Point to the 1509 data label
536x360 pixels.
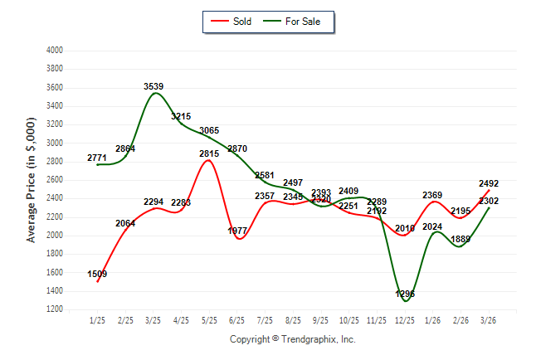click(97, 274)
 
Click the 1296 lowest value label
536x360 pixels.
click(405, 294)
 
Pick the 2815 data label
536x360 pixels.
click(209, 153)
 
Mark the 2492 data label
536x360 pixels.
click(488, 184)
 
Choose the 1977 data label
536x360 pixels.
click(238, 231)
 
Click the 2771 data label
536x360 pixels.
click(98, 158)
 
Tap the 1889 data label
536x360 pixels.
click(460, 240)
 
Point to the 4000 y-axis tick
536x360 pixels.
click(55, 51)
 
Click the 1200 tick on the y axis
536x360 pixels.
click(55, 309)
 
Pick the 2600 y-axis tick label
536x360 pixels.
click(55, 180)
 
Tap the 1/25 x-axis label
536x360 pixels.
click(98, 320)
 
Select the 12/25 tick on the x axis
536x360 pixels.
click(405, 320)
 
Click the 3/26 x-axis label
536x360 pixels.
click(489, 320)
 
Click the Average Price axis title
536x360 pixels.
click(32, 179)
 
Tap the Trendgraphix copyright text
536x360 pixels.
click(292, 339)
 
